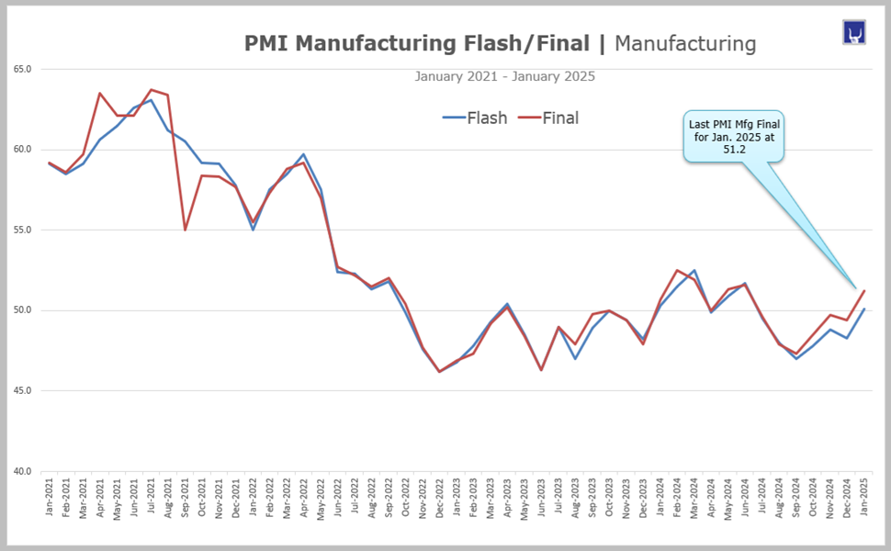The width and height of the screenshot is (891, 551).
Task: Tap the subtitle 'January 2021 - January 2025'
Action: (504, 76)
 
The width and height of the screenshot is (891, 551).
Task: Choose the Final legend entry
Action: (548, 118)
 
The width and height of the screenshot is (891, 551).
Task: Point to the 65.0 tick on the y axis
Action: (23, 69)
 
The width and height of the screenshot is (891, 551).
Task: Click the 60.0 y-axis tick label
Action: (23, 150)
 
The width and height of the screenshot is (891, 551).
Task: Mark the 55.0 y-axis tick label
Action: (23, 230)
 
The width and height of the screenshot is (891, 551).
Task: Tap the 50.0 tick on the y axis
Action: (23, 310)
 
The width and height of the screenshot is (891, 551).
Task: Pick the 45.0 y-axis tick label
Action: (23, 391)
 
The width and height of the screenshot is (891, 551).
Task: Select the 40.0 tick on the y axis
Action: (23, 471)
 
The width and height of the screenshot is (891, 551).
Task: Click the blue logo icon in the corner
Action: (854, 33)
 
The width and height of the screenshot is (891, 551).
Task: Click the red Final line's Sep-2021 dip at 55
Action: (186, 230)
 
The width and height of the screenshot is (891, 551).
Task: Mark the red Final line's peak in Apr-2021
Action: (100, 93)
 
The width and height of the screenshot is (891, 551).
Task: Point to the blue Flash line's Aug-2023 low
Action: (576, 358)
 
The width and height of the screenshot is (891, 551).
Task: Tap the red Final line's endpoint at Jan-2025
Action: (864, 291)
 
